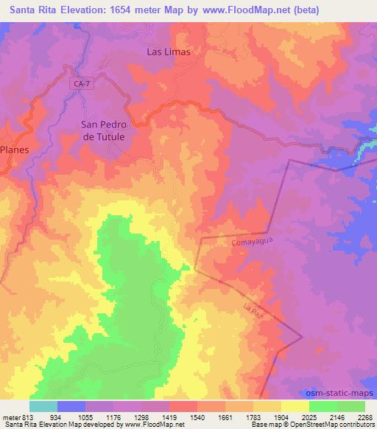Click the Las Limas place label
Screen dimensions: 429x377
169,52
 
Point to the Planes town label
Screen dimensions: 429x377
14,149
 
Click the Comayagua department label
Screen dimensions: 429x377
242,241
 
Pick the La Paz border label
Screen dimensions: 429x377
252,310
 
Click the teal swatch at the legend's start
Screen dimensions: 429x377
43,406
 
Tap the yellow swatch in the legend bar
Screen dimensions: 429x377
295,406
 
